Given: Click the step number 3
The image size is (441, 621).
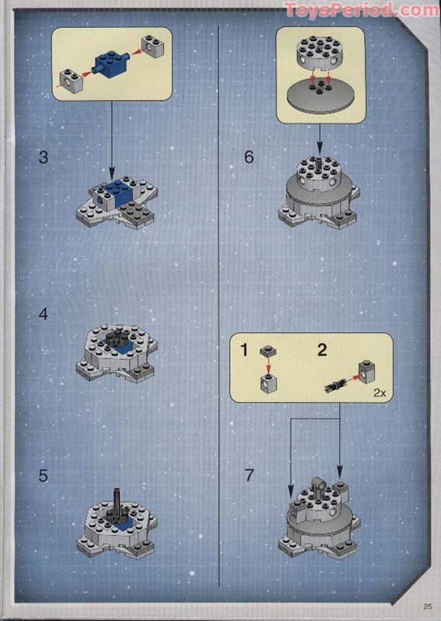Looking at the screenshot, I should coord(43,157).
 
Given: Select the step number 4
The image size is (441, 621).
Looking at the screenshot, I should coord(43,314).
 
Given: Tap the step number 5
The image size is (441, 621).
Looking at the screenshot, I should coord(43,475).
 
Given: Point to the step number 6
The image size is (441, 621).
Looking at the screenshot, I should coord(248,157).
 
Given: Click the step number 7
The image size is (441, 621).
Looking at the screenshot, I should coord(248,475).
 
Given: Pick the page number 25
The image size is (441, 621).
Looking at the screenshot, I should coord(427,606).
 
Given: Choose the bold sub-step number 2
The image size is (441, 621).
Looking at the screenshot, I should coord(322,349).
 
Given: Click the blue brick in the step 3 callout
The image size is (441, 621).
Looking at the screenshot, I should coord(111,63).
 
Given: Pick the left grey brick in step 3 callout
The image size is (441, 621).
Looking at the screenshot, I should coord(72,79).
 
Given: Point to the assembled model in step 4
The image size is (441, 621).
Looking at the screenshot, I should coord(117,352).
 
